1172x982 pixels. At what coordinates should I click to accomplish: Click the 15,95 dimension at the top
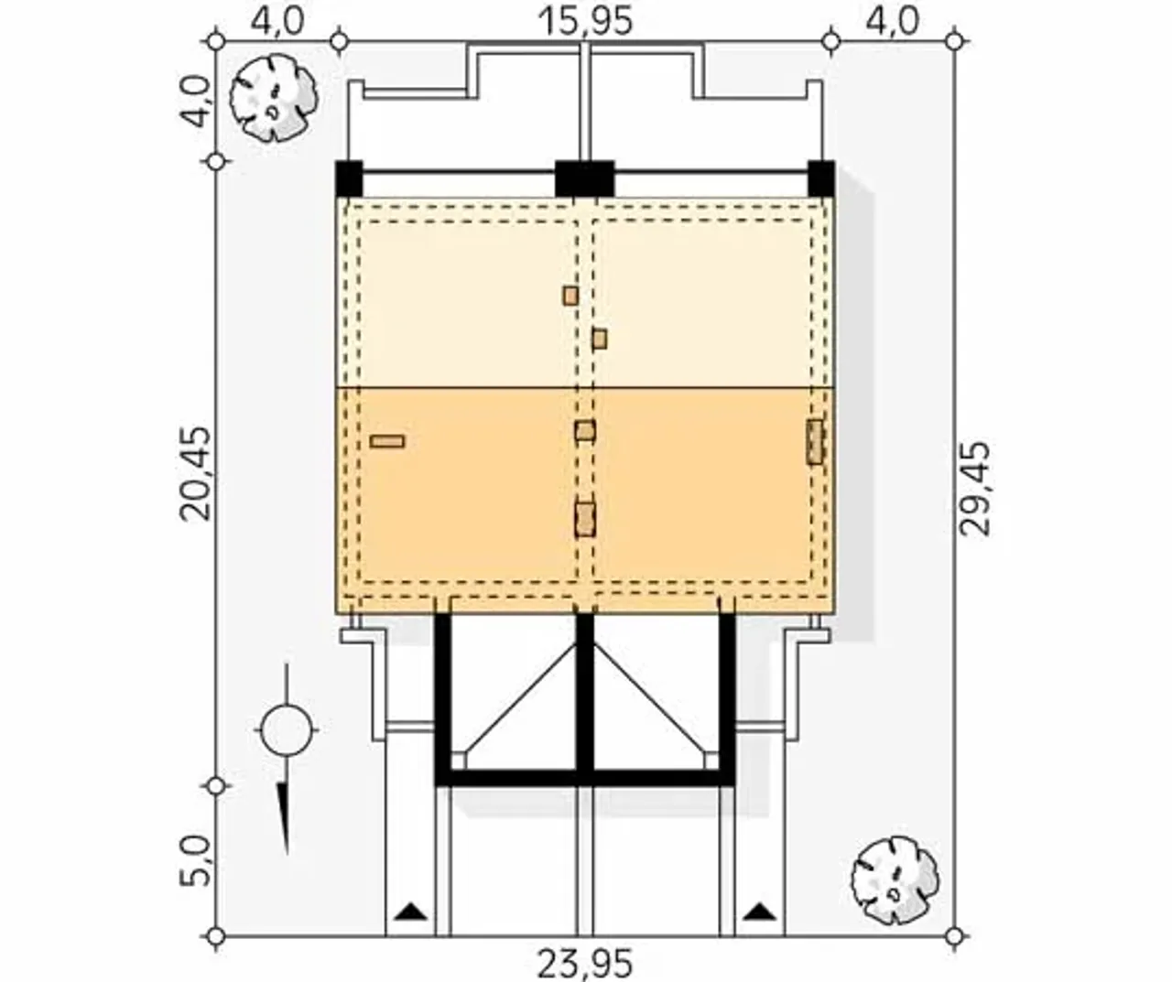(585, 21)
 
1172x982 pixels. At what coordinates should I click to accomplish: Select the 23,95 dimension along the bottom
(585, 963)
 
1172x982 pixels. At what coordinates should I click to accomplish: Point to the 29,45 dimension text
(974, 489)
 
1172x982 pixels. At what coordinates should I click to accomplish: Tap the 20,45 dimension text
(194, 473)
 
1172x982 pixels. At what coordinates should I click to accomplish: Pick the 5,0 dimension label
(194, 861)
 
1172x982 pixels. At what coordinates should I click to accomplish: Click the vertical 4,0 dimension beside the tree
(194, 103)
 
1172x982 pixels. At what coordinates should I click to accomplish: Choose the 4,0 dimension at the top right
(892, 21)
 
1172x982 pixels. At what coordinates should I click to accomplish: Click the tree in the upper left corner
(274, 98)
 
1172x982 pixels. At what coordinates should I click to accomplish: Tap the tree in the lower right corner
(895, 880)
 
